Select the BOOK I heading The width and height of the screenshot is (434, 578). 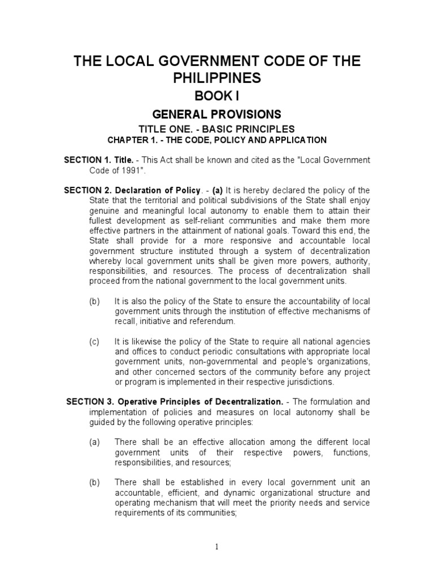217,97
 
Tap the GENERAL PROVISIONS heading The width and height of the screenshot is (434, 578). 217,115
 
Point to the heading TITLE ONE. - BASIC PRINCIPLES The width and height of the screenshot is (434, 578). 217,129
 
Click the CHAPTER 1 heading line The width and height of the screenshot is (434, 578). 217,140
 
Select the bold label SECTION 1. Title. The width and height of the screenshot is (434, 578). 99,160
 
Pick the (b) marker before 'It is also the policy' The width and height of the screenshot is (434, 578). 94,301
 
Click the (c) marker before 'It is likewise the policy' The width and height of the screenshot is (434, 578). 94,341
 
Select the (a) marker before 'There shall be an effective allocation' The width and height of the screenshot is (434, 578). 94,442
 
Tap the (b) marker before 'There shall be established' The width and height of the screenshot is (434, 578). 94,482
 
